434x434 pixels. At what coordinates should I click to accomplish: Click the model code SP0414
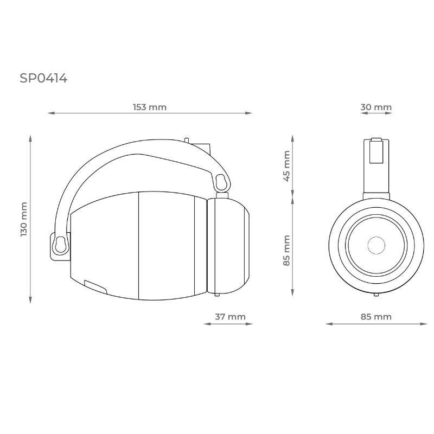[43, 78]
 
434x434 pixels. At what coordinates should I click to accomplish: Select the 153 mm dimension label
[150, 107]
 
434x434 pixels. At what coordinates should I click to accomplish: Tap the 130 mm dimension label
[24, 219]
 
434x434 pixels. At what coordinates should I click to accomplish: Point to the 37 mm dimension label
[230, 316]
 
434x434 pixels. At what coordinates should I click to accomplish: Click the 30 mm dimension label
[376, 107]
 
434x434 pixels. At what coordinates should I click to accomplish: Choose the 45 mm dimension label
[287, 166]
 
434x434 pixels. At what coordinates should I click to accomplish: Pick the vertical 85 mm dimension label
[287, 251]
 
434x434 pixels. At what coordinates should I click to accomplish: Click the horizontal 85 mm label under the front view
[376, 316]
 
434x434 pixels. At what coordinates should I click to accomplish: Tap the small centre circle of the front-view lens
[376, 245]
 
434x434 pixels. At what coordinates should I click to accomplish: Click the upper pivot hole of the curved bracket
[221, 182]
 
